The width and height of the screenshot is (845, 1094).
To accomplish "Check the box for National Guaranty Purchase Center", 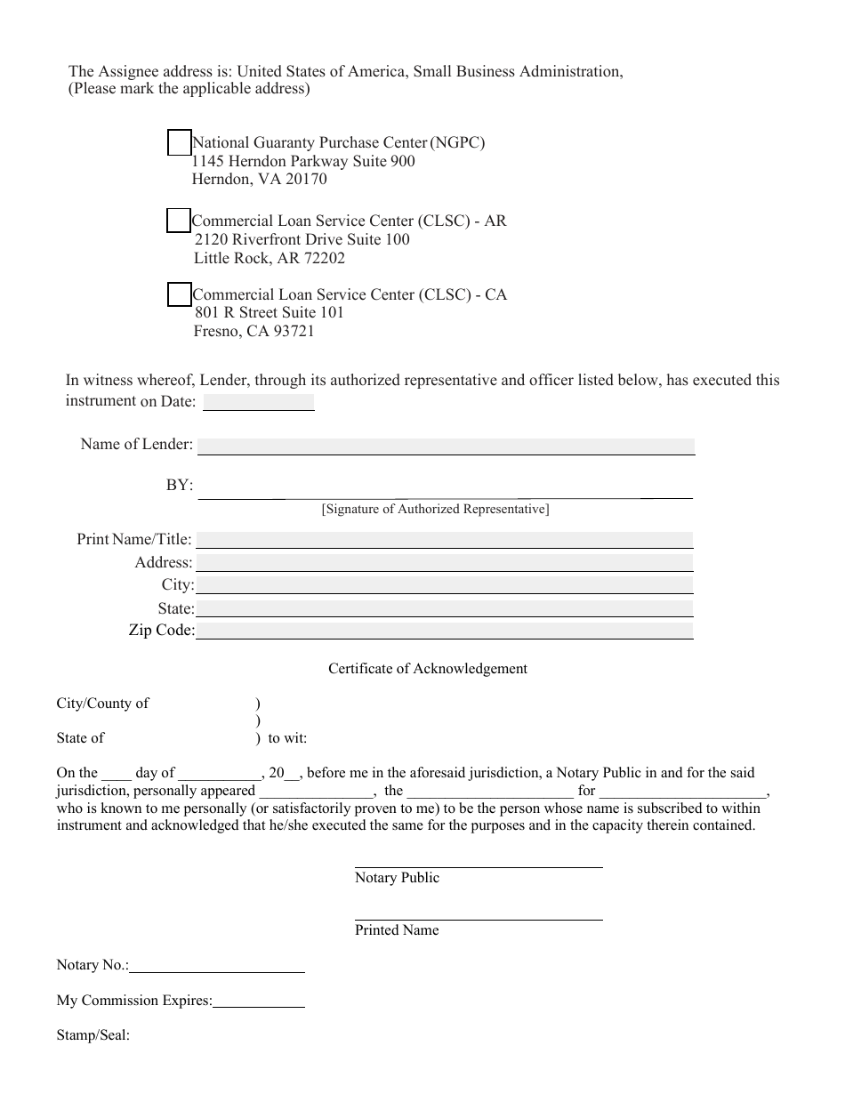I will (180, 142).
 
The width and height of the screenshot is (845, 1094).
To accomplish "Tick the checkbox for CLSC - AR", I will (179, 220).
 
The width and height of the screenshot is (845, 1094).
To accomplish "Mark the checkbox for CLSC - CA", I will (180, 294).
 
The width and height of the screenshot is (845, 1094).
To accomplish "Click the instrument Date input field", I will (259, 402).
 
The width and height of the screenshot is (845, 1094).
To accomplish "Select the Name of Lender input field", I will (446, 446).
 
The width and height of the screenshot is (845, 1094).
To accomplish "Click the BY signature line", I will (445, 490).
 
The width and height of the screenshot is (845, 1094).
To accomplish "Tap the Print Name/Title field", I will (445, 540).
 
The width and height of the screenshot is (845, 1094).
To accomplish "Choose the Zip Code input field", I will (445, 631).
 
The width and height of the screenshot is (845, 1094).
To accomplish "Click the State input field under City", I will (445, 609).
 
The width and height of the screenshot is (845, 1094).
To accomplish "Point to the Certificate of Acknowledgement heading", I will (428, 669).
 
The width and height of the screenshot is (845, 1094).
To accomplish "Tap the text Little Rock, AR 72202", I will (270, 259).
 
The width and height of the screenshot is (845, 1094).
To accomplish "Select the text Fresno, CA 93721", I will (254, 332).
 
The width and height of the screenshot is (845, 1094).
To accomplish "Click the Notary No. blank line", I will (217, 966).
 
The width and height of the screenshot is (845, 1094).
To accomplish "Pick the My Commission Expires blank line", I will (259, 1001).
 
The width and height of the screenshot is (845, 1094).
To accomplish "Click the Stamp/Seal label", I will (93, 1035).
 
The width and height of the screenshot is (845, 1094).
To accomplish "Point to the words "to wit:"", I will (287, 738).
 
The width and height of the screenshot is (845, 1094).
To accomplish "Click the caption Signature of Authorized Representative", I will (435, 510).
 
